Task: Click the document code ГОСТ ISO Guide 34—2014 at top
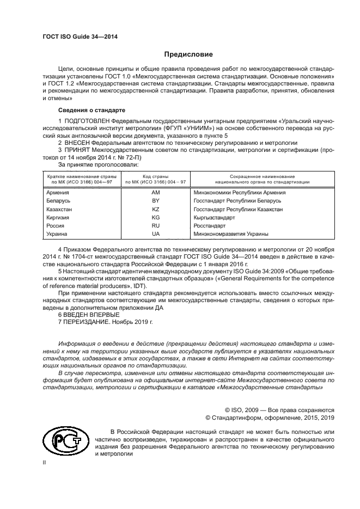pyautogui.click(x=80, y=37)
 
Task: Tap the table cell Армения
pyautogui.click(x=58, y=192)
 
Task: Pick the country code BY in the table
pyautogui.click(x=155, y=201)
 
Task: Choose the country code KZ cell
pyautogui.click(x=155, y=209)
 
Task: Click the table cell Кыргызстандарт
pyautogui.click(x=214, y=217)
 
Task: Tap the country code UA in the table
pyautogui.click(x=155, y=234)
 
